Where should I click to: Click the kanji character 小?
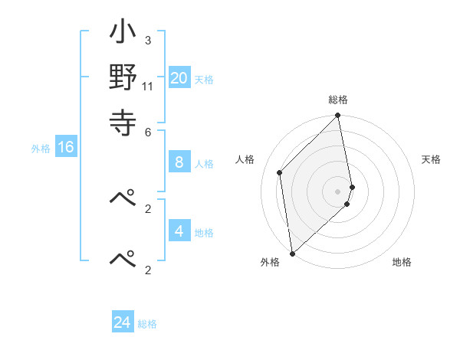(x=123, y=35)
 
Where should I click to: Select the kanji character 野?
(x=123, y=77)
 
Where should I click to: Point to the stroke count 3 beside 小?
(x=147, y=40)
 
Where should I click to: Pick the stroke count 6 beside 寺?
(x=147, y=131)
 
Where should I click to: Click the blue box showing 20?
(x=179, y=77)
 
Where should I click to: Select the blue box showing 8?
(x=179, y=162)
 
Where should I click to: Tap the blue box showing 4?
(x=179, y=231)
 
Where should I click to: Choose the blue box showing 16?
(x=66, y=147)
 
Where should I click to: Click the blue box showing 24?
(x=123, y=322)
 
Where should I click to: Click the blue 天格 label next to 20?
(x=204, y=80)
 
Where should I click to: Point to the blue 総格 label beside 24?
(x=147, y=324)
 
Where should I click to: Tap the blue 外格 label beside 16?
(x=41, y=149)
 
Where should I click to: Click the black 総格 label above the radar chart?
(x=338, y=100)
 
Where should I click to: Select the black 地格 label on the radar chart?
(x=402, y=262)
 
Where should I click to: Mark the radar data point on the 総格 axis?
(x=338, y=116)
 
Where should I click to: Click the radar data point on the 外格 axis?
(x=292, y=253)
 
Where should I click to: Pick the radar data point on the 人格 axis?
(x=280, y=172)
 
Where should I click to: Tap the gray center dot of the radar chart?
(x=338, y=191)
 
